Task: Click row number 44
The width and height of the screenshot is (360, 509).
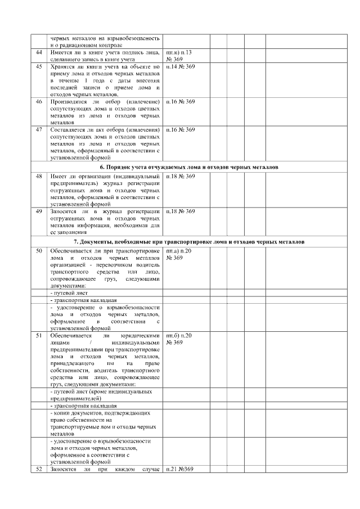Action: click(39, 52)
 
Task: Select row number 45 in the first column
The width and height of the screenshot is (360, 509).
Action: click(39, 67)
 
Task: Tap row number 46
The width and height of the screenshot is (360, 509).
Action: click(39, 102)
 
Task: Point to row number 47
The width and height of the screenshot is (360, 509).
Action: click(39, 130)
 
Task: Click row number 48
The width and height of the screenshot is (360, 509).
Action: click(39, 176)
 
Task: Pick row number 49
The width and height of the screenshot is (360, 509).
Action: click(39, 211)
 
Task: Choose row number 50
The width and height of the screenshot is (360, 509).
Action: click(39, 250)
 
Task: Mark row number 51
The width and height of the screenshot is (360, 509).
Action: click(39, 335)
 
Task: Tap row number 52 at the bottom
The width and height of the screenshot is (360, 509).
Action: click(39, 470)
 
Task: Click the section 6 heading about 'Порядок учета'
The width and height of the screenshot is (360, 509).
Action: click(189, 167)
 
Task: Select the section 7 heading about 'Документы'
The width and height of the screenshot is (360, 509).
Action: click(189, 241)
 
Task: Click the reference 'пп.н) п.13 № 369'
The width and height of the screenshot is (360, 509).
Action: click(179, 55)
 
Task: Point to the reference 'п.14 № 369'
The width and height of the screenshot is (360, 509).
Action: click(180, 67)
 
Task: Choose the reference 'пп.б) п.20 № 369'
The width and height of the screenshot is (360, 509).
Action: click(179, 339)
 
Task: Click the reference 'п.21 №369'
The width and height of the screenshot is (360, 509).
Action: click(179, 470)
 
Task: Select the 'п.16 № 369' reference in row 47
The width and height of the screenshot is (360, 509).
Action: click(180, 130)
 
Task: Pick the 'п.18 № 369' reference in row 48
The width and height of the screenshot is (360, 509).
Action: click(180, 176)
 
